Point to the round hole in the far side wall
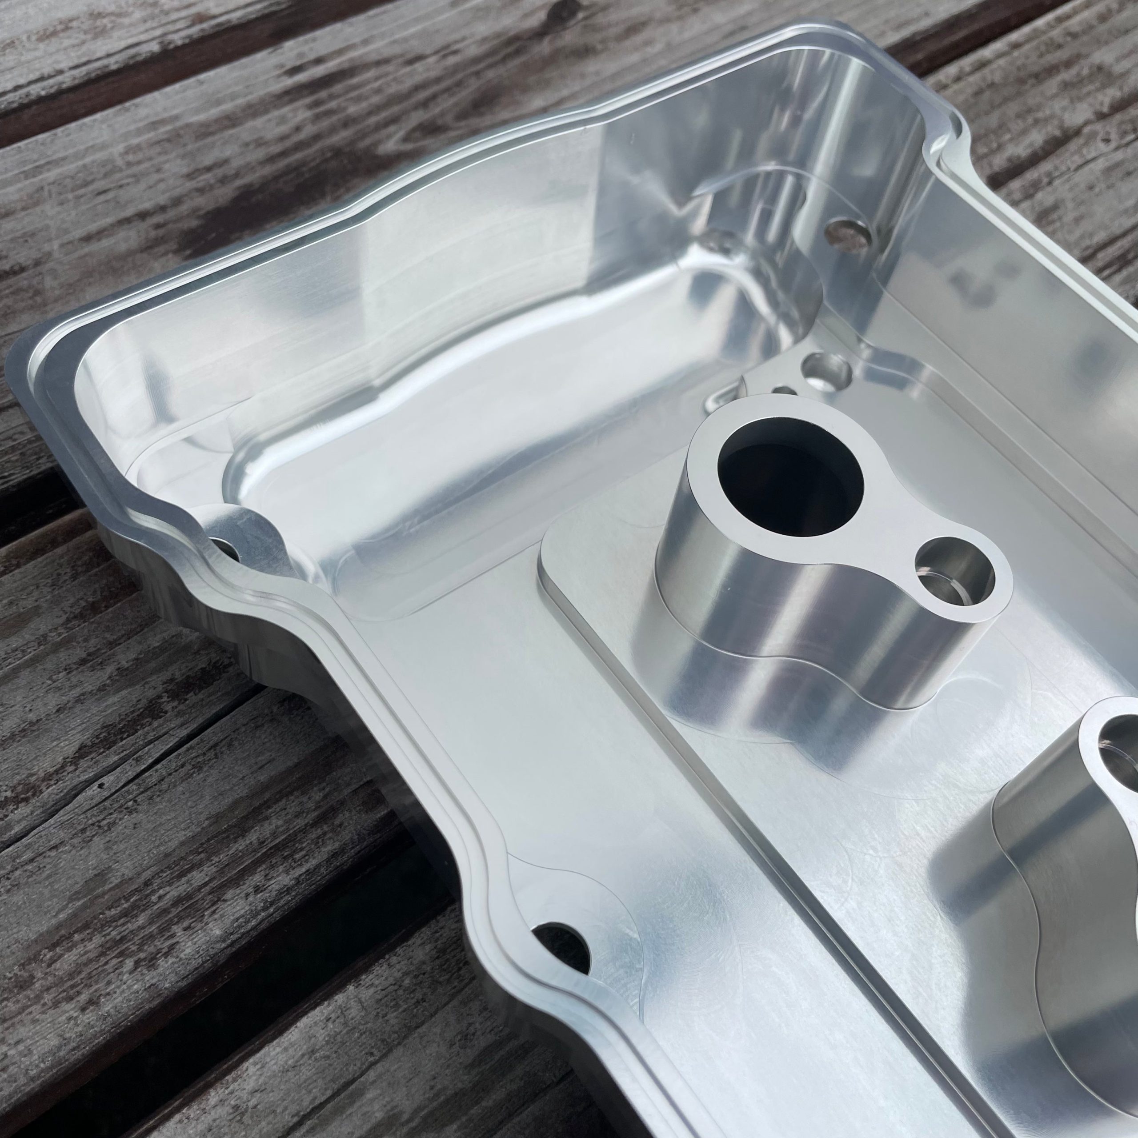click(x=847, y=232)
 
